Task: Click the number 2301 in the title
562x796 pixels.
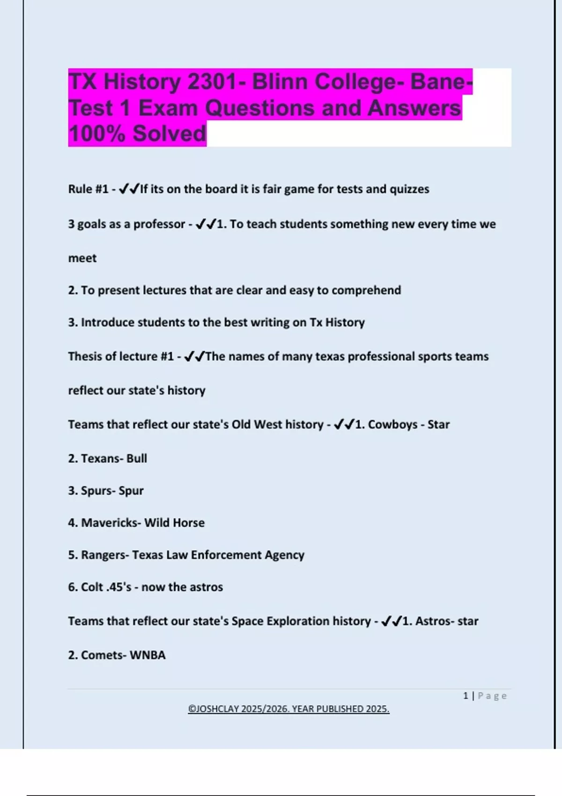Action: [212, 82]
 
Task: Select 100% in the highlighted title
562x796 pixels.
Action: [97, 133]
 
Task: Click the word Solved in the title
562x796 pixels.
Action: [169, 133]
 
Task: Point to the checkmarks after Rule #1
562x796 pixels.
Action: [129, 189]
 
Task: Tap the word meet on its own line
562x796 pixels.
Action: [82, 258]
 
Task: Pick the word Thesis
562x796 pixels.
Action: [85, 356]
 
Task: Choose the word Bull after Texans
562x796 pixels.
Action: [137, 458]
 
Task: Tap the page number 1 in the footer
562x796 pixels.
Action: [466, 696]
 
